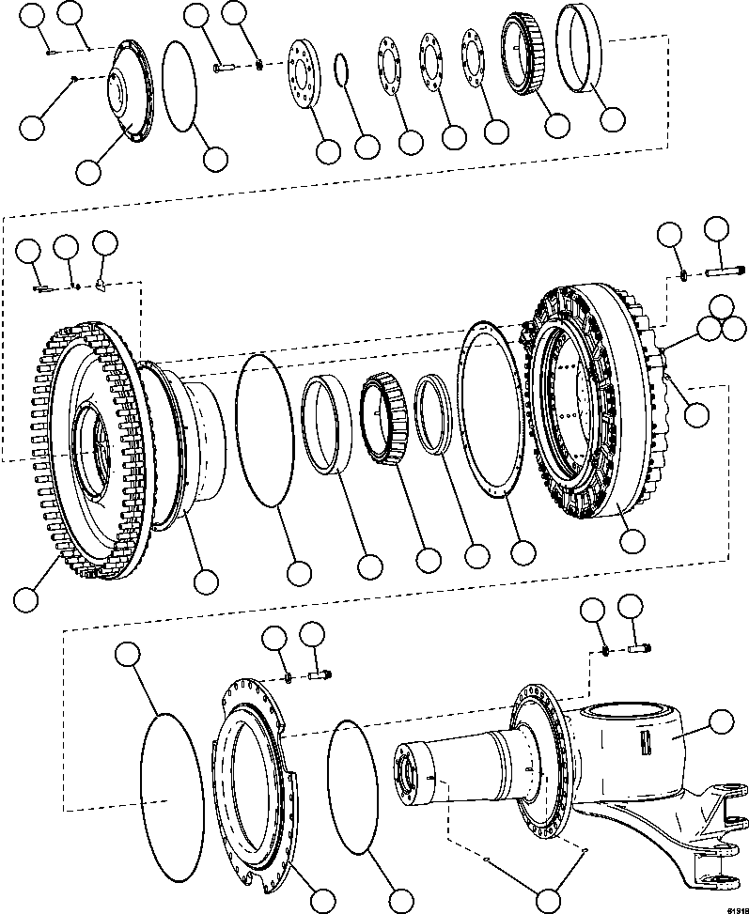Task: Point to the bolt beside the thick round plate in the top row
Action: click(224, 67)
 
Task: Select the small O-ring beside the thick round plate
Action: click(344, 70)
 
